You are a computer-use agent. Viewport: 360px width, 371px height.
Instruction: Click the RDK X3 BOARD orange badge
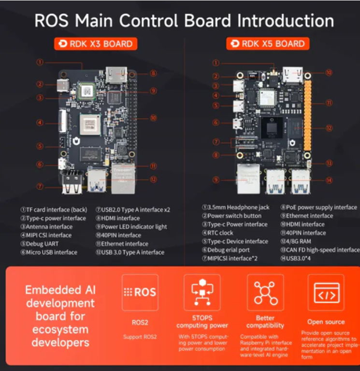point(95,44)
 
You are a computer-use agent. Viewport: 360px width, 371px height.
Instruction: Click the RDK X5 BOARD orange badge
point(268,44)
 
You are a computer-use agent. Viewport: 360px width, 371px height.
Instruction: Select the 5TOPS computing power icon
point(202,292)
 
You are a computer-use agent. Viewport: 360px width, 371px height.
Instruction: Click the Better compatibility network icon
point(265,292)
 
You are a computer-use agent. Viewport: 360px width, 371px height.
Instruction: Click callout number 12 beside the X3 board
point(153,179)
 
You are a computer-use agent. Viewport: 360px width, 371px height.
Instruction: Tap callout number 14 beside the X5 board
point(329,180)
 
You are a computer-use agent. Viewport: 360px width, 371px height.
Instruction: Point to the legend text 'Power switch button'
point(234,216)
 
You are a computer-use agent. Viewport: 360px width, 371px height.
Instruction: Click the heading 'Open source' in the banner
point(326,322)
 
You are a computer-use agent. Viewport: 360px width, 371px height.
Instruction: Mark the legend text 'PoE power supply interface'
point(321,207)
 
